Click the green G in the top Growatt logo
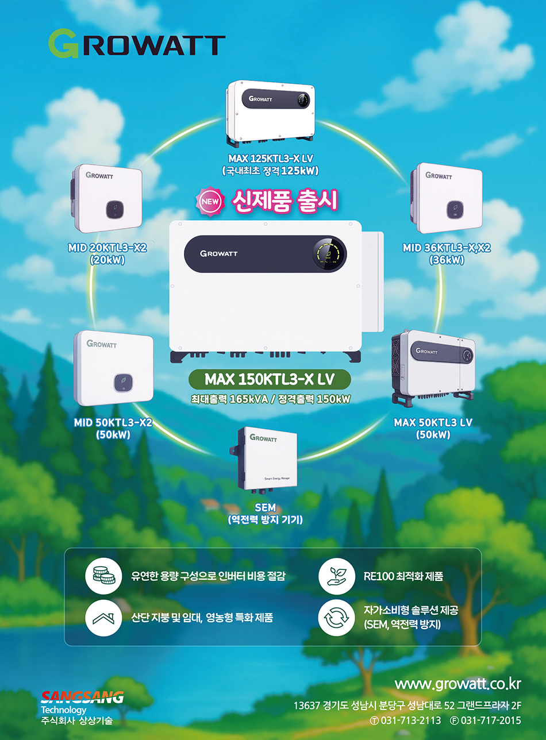tap(63, 44)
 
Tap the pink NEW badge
tap(209, 202)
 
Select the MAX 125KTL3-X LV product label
tap(270, 158)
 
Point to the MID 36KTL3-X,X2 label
tap(447, 248)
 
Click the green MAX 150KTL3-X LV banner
tap(270, 380)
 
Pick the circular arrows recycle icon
tap(336, 618)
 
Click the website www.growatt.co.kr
tap(457, 684)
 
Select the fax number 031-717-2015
tap(490, 720)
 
